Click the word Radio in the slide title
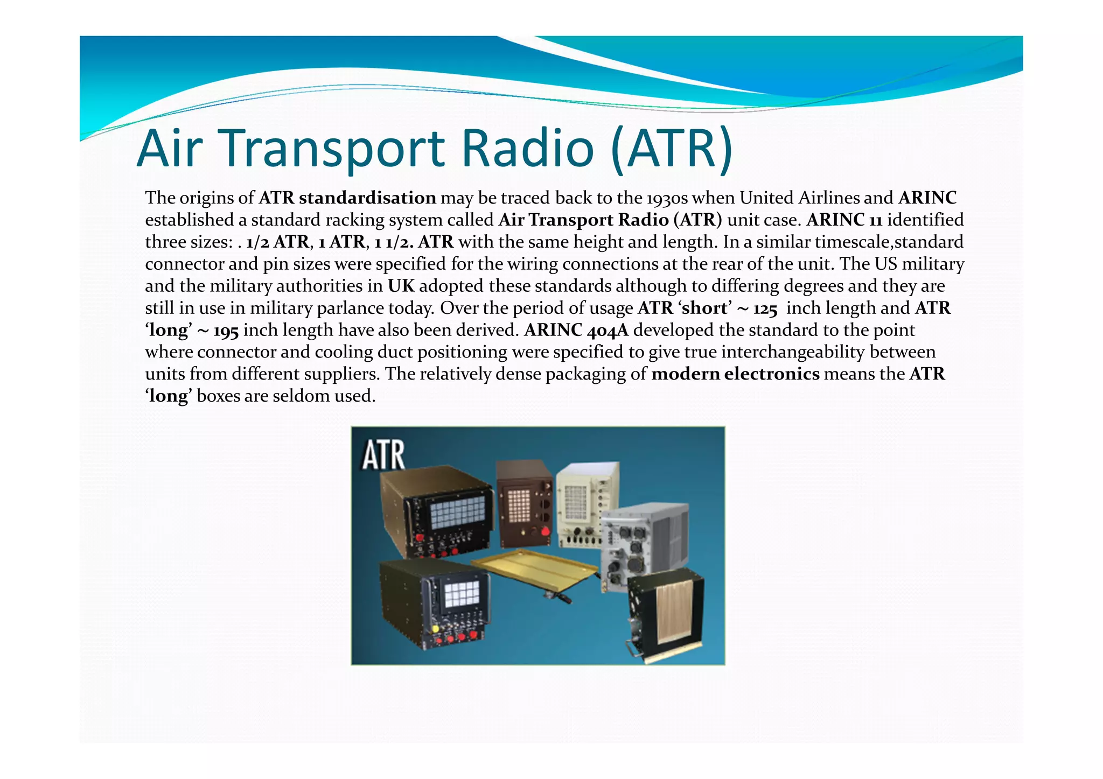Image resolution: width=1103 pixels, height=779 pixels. [528, 148]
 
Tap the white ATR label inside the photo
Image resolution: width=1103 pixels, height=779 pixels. [383, 455]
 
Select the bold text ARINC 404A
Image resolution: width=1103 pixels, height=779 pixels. [576, 330]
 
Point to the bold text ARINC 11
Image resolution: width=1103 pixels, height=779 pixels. [844, 220]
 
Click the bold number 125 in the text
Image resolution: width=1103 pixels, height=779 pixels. [765, 308]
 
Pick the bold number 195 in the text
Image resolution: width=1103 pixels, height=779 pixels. [226, 331]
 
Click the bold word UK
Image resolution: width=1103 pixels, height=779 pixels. [401, 286]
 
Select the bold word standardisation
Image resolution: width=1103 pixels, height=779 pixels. [367, 198]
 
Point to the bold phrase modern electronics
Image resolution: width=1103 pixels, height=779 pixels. [735, 374]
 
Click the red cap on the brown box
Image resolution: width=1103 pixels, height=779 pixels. [545, 532]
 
